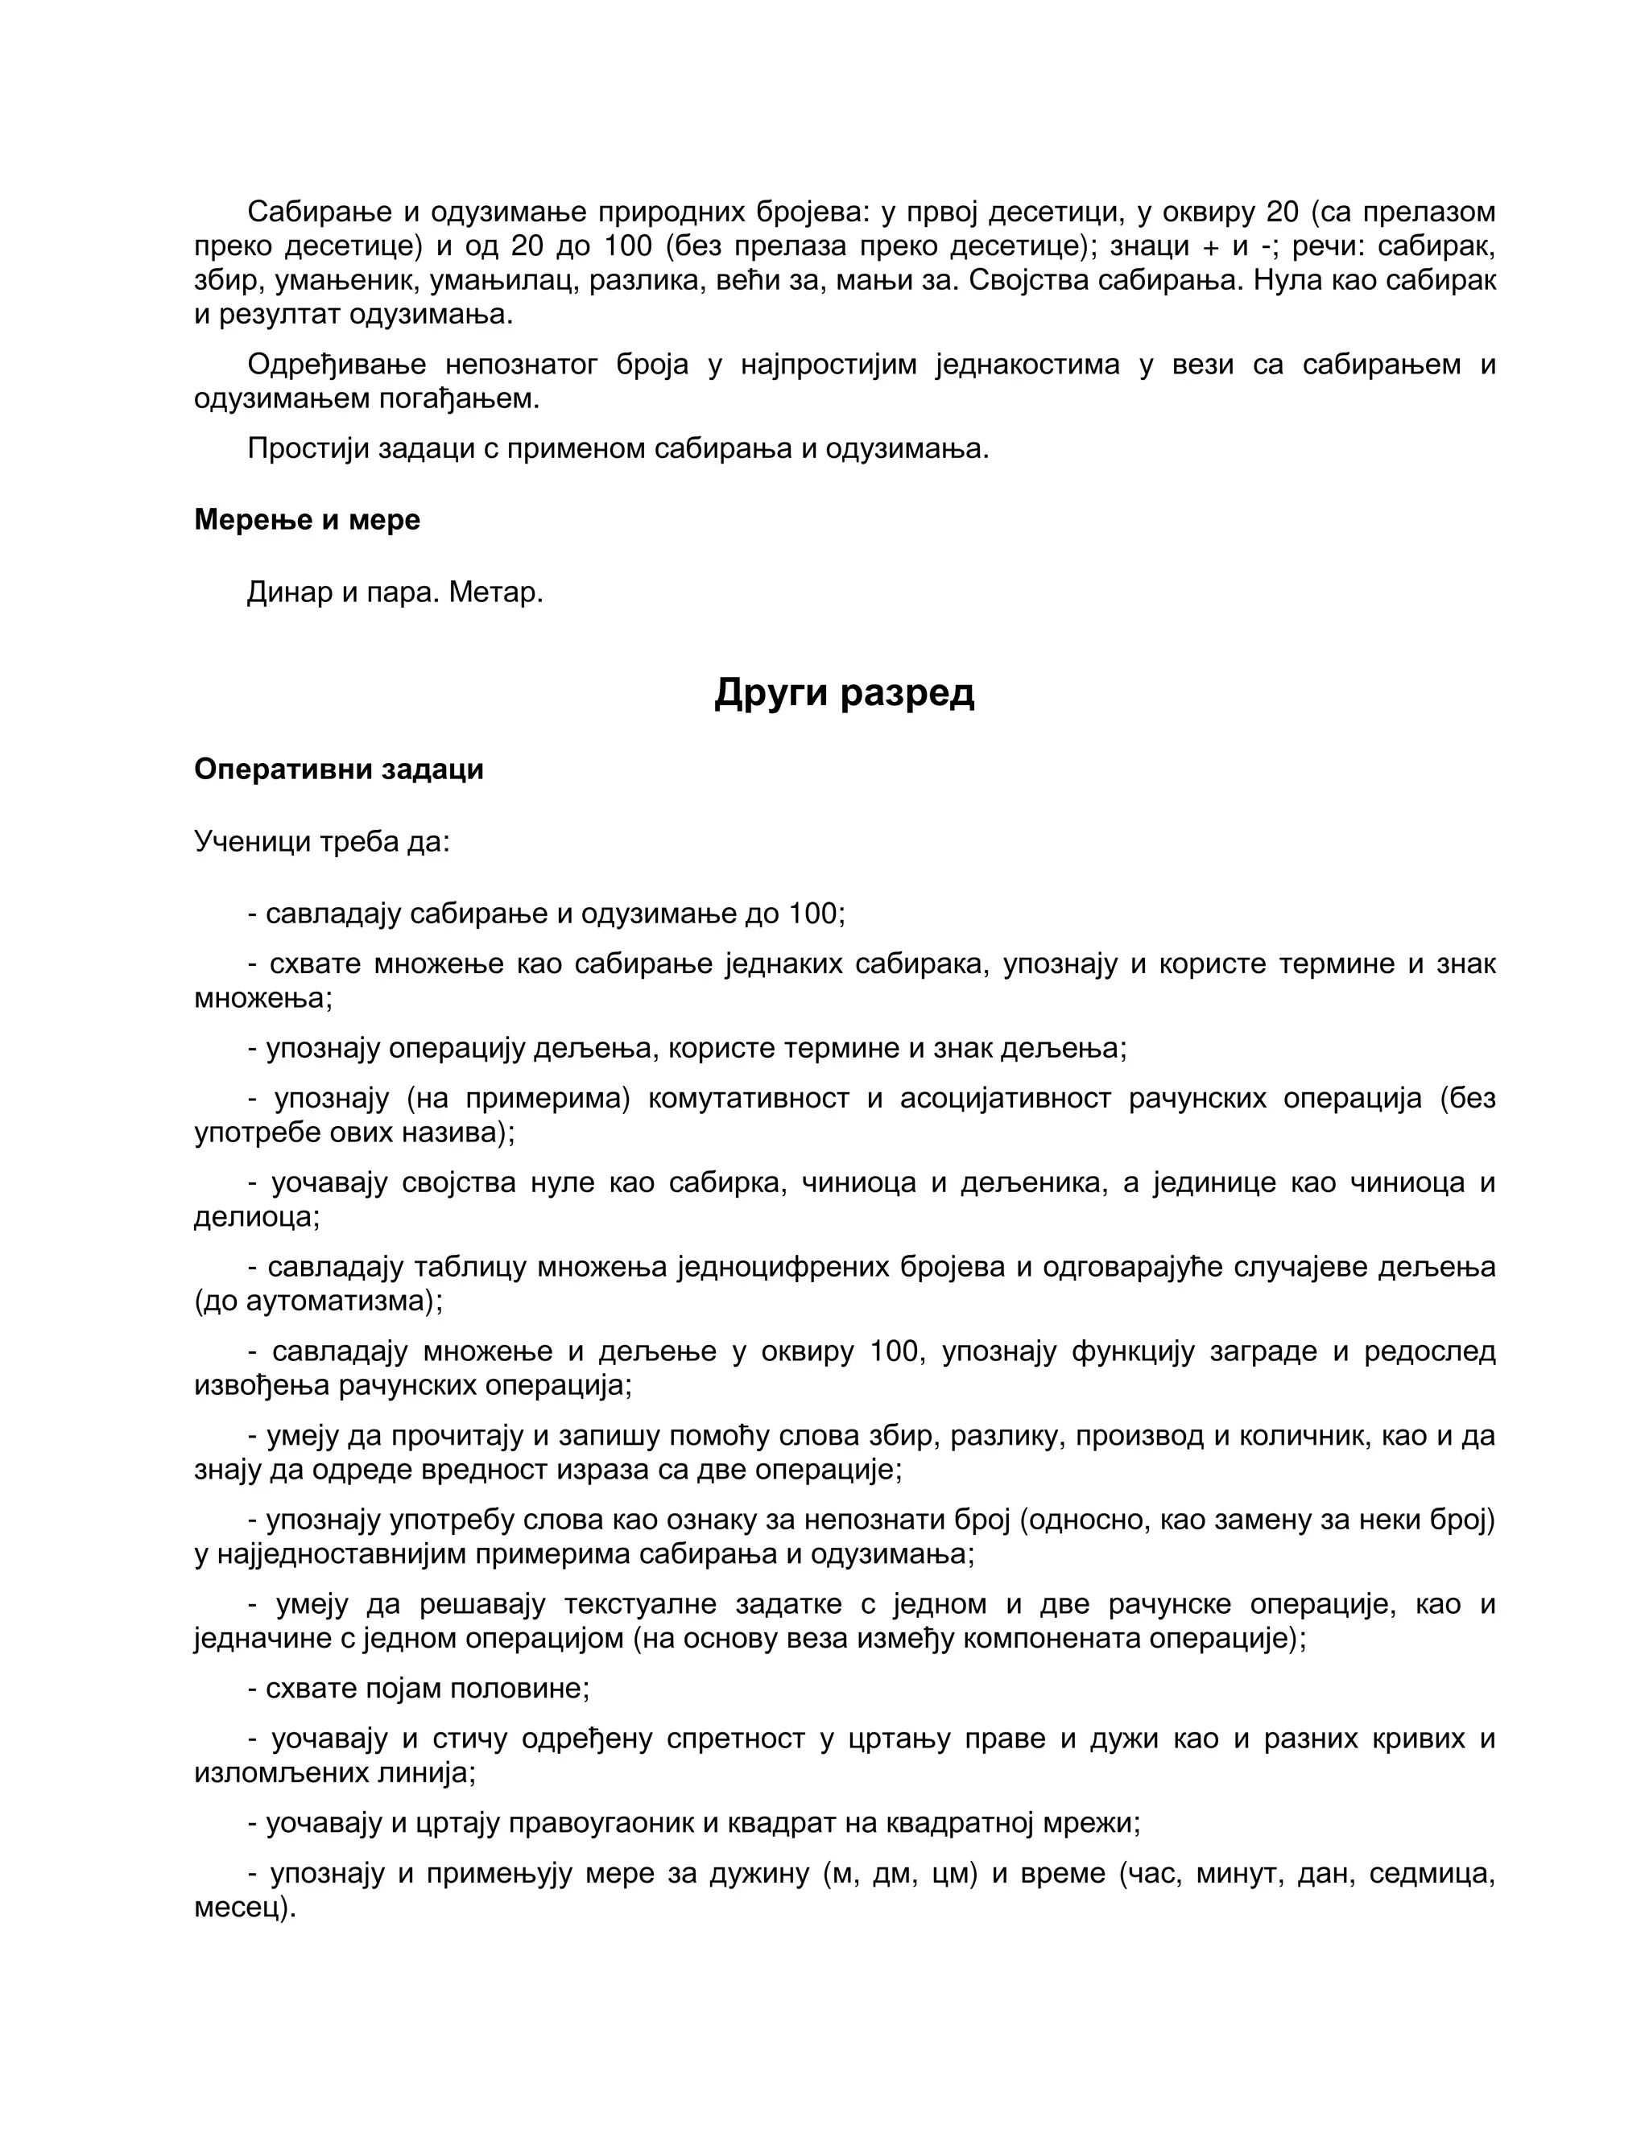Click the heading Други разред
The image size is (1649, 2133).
point(844,692)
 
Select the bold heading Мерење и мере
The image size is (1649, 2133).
point(307,520)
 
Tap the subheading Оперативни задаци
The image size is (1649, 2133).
point(339,769)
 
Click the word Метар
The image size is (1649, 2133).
point(495,592)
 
